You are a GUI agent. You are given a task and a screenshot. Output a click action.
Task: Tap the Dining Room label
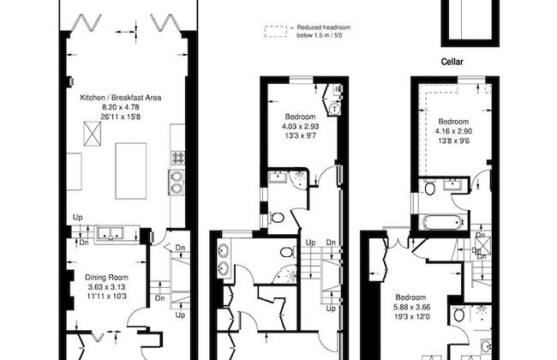[x=106, y=277]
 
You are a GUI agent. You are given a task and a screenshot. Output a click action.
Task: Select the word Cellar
[x=452, y=63]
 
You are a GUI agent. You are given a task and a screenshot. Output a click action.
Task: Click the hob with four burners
[x=179, y=158]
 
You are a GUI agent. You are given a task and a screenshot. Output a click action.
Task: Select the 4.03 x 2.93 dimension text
[x=300, y=125]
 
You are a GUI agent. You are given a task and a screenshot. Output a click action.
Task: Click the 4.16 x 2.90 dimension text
[x=453, y=130]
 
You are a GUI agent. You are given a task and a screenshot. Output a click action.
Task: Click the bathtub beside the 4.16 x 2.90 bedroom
[x=440, y=222]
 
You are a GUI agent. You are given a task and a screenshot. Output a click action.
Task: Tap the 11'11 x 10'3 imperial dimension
[x=106, y=296]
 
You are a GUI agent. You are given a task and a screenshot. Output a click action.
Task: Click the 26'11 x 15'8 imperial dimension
[x=121, y=117]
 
